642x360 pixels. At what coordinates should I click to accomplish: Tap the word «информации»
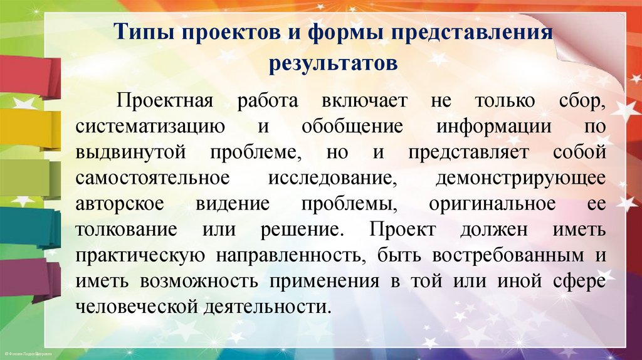(x=494, y=127)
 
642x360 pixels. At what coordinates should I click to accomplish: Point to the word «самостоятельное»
(x=152, y=178)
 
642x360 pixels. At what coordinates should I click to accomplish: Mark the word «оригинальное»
(x=493, y=204)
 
